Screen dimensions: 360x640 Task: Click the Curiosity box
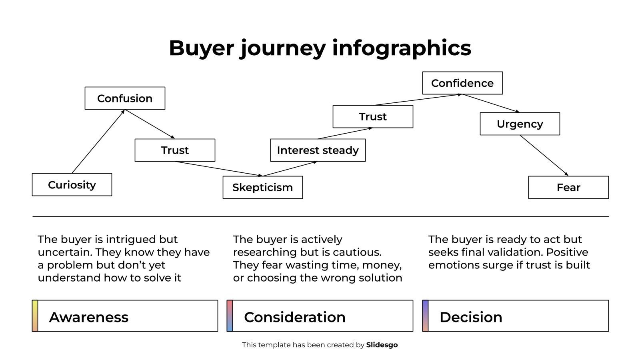point(72,185)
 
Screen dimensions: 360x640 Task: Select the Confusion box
point(125,98)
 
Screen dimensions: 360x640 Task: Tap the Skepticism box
point(262,188)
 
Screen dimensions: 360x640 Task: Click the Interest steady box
point(318,150)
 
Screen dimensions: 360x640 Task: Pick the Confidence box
point(462,83)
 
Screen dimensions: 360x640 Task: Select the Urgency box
point(520,124)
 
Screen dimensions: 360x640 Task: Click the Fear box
point(568,188)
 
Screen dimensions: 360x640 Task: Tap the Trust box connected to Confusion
point(175,150)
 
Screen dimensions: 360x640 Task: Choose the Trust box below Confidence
point(372,117)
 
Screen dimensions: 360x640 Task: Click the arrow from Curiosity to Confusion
point(98,142)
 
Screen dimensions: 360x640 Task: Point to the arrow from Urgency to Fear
point(544,156)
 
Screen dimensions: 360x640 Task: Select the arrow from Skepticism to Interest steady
point(290,169)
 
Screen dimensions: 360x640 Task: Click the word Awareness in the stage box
point(89,317)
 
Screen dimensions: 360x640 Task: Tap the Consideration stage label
point(295,317)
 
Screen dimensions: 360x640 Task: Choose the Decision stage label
point(471,317)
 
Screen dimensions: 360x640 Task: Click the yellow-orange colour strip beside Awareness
point(35,316)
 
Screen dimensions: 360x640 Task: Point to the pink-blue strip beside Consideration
point(230,316)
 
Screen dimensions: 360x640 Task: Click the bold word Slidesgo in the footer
point(382,345)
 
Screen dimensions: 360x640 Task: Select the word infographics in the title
point(402,48)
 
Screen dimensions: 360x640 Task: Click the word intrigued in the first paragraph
point(131,240)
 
